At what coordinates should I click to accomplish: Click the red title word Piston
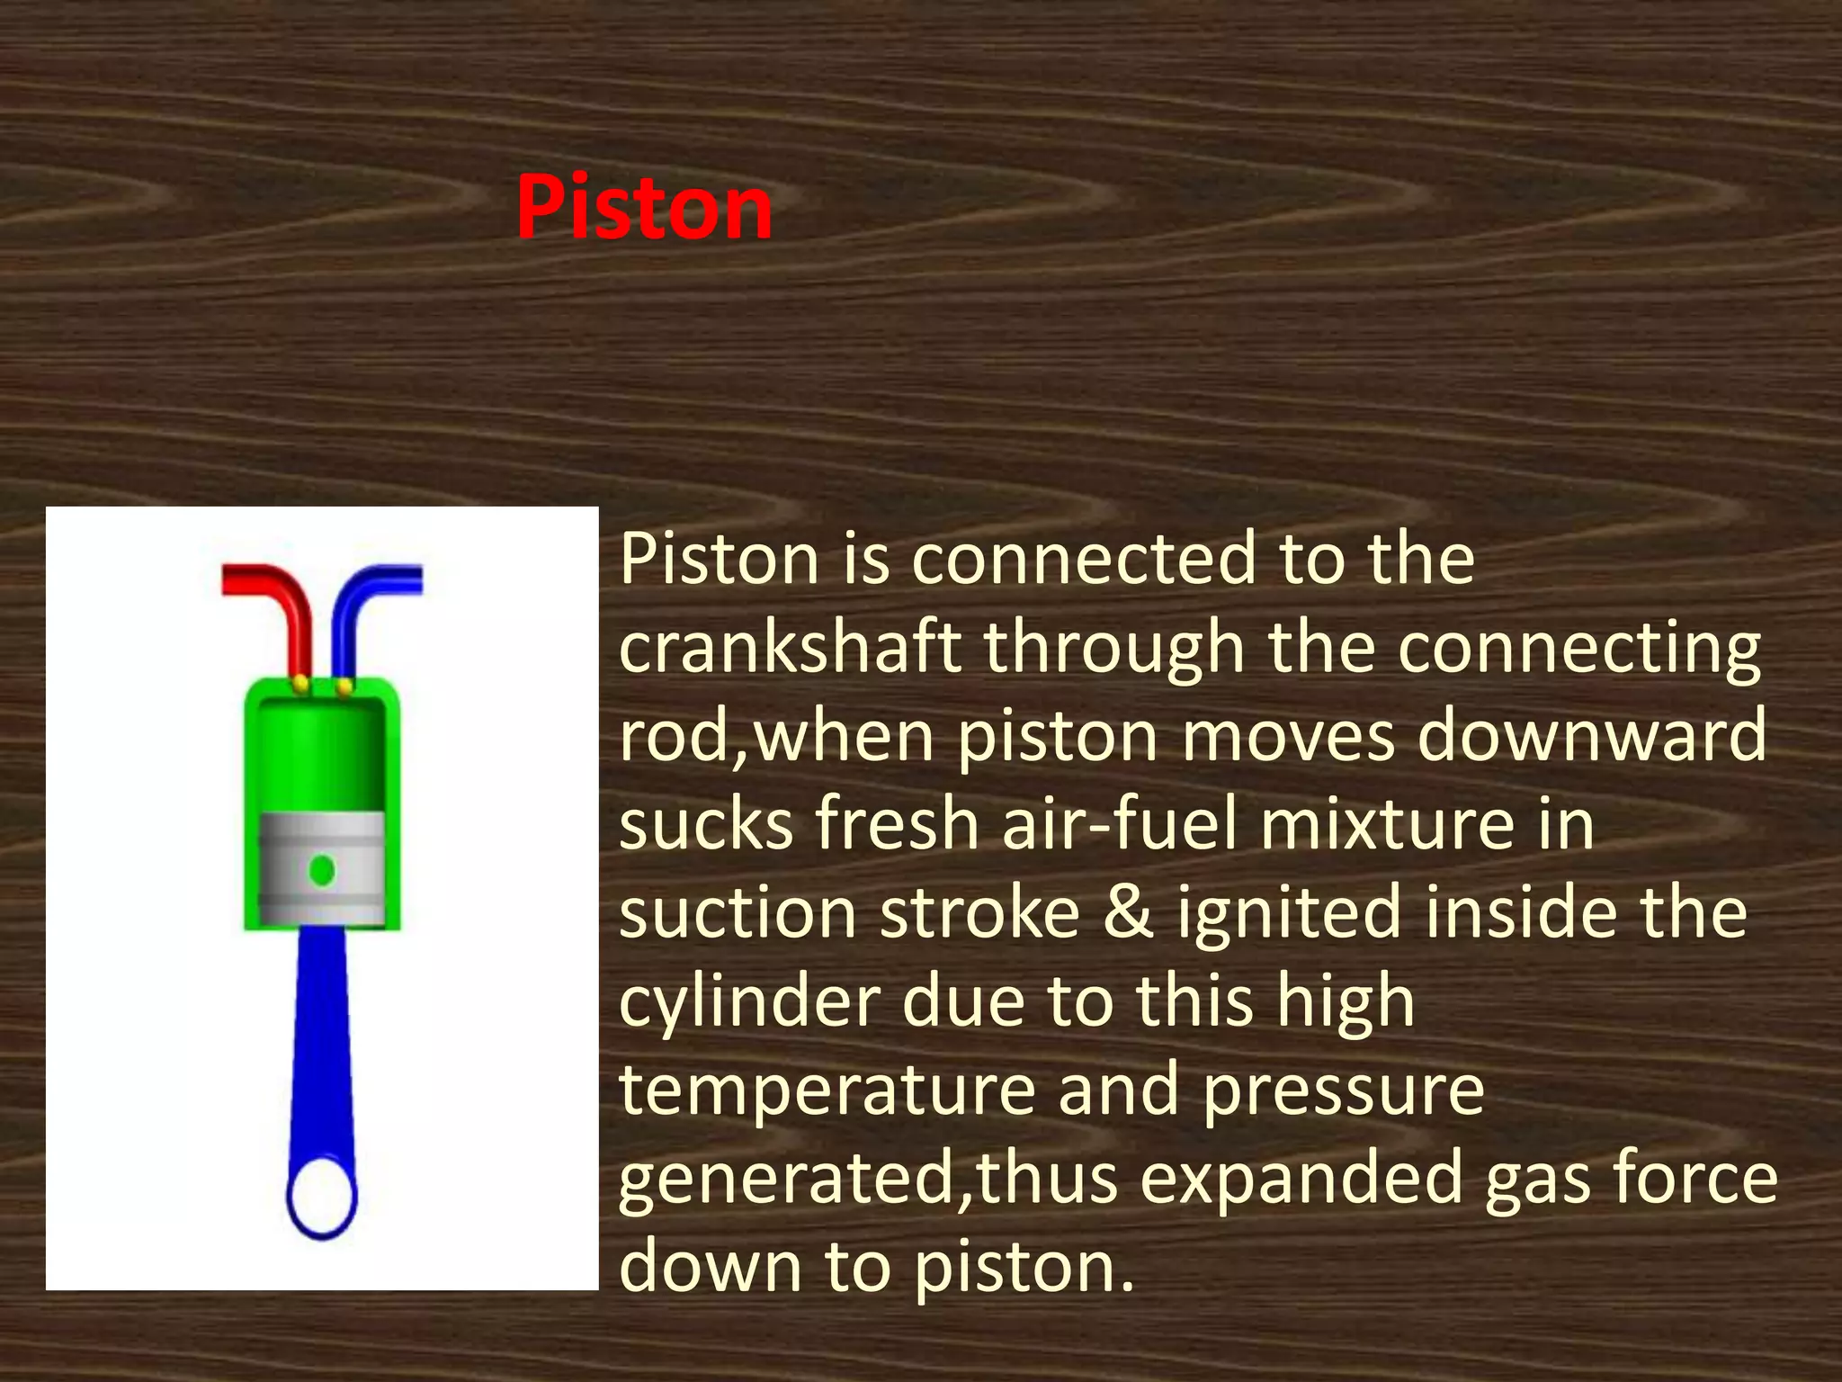pos(644,208)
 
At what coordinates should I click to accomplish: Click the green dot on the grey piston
pos(322,870)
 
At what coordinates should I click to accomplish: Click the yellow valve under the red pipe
pos(301,686)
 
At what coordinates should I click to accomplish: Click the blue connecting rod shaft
pos(321,1035)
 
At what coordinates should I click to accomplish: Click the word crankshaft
pos(789,647)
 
